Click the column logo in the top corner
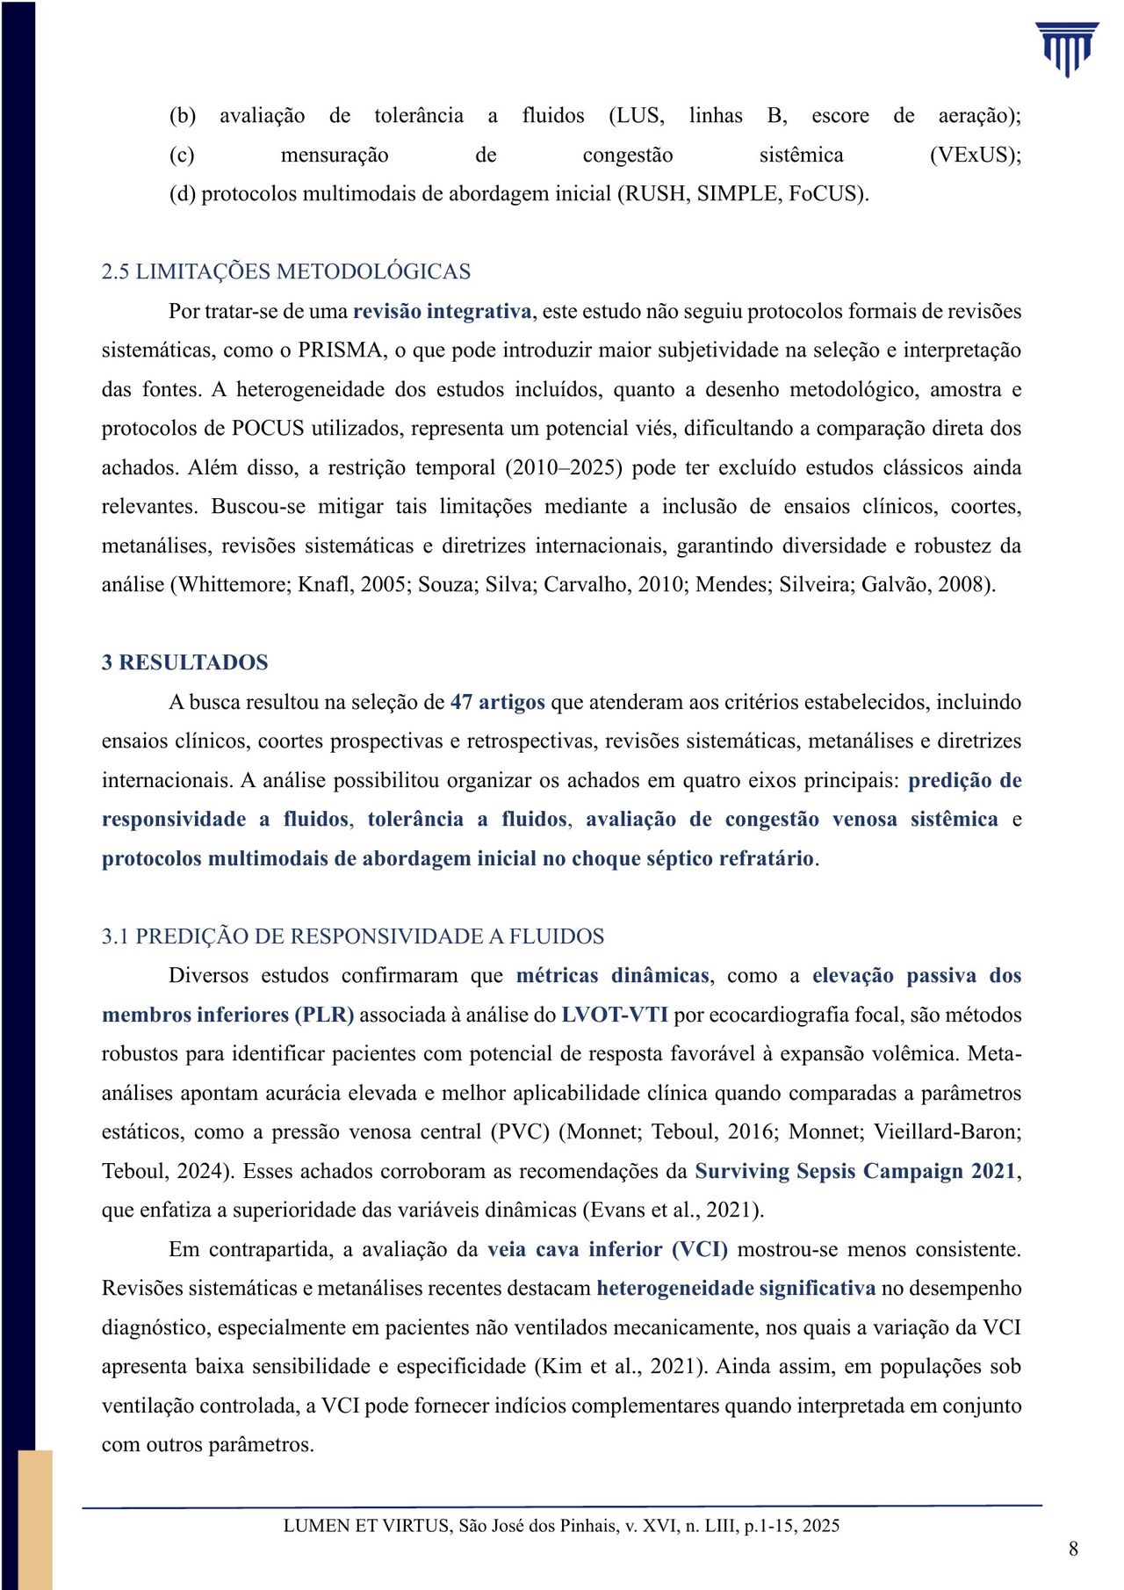pyautogui.click(x=1066, y=49)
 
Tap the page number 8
pyautogui.click(x=1073, y=1549)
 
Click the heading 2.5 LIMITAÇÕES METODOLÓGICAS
pyautogui.click(x=286, y=271)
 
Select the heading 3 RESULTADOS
pyautogui.click(x=184, y=662)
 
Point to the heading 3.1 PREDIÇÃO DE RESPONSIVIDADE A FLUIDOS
pyautogui.click(x=353, y=936)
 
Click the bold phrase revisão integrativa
pyautogui.click(x=443, y=311)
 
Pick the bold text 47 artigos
pyautogui.click(x=497, y=702)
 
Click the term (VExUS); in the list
pyautogui.click(x=975, y=155)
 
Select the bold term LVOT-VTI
pyautogui.click(x=615, y=1015)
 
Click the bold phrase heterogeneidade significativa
pyautogui.click(x=736, y=1289)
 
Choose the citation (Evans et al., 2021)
pyautogui.click(x=673, y=1211)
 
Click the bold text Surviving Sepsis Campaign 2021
pyautogui.click(x=855, y=1172)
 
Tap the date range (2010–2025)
pyautogui.click(x=564, y=468)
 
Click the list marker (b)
pyautogui.click(x=182, y=116)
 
